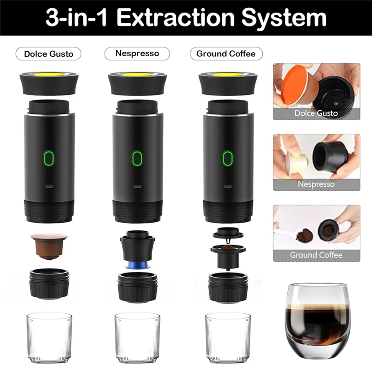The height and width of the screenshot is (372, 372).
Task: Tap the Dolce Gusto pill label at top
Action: [49, 53]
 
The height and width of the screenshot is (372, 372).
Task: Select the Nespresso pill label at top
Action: [137, 53]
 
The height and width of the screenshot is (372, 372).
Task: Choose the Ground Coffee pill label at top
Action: [226, 53]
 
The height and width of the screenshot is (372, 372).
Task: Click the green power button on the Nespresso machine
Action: [136, 158]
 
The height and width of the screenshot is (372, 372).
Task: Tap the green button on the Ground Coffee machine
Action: [227, 158]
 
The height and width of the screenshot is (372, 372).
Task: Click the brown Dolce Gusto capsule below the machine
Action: [46, 244]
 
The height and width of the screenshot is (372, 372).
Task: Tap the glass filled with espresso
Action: [316, 321]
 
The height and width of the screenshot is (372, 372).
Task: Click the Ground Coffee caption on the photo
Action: [316, 255]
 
